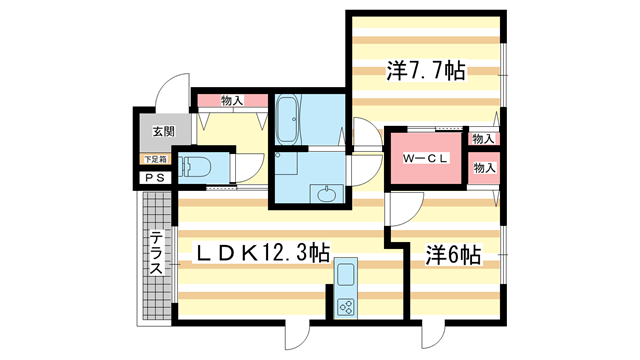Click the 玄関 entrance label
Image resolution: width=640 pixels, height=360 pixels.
(163, 131)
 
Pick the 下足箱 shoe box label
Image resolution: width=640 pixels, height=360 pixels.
(155, 158)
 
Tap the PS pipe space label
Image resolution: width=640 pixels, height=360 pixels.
(155, 178)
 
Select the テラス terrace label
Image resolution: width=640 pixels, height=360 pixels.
(158, 254)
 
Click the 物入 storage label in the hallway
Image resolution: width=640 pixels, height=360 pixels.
(232, 100)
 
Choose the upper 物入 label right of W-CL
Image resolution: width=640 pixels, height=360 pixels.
(483, 139)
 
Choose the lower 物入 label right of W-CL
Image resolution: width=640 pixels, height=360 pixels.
(483, 168)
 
